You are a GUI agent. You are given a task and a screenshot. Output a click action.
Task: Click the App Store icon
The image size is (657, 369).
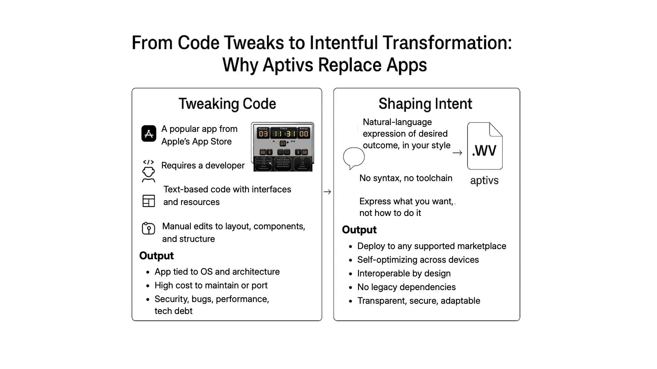pyautogui.click(x=149, y=134)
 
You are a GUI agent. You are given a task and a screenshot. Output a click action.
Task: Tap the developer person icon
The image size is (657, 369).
pyautogui.click(x=149, y=171)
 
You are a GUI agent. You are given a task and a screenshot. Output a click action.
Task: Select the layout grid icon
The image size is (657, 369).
pyautogui.click(x=149, y=201)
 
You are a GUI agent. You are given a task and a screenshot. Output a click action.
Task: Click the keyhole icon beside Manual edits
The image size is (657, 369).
pyautogui.click(x=149, y=228)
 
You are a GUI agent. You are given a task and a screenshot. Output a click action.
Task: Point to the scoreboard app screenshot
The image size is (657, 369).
pyautogui.click(x=283, y=147)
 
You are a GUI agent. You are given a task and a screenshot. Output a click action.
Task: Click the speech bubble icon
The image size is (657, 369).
pyautogui.click(x=353, y=158)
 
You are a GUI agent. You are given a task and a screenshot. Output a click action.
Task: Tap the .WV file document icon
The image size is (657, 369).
pyautogui.click(x=485, y=146)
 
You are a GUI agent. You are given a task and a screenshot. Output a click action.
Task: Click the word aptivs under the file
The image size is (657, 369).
pyautogui.click(x=484, y=180)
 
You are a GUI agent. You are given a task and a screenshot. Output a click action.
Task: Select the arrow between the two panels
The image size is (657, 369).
pyautogui.click(x=327, y=192)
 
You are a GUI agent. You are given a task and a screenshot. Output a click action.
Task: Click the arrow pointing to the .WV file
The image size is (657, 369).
pyautogui.click(x=457, y=153)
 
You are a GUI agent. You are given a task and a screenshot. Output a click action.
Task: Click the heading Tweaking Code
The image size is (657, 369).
pyautogui.click(x=227, y=104)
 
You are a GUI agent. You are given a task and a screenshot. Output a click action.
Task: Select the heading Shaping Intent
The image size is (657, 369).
pyautogui.click(x=425, y=104)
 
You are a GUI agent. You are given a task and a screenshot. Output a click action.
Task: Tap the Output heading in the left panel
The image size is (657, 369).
pyautogui.click(x=156, y=256)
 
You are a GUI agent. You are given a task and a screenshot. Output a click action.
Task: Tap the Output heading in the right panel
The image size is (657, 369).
pyautogui.click(x=359, y=230)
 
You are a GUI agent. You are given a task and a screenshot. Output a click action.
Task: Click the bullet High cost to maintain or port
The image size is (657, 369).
pyautogui.click(x=211, y=285)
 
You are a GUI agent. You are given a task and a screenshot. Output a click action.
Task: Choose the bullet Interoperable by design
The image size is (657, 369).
pyautogui.click(x=404, y=273)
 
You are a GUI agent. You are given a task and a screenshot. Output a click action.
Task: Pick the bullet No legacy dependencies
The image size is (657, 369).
pyautogui.click(x=406, y=287)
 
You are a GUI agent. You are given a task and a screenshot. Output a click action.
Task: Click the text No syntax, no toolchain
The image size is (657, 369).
pyautogui.click(x=405, y=178)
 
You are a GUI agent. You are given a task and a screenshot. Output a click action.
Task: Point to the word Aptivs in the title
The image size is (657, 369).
pyautogui.click(x=288, y=65)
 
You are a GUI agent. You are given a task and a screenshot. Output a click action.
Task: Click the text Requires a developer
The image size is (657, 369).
pyautogui.click(x=203, y=165)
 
